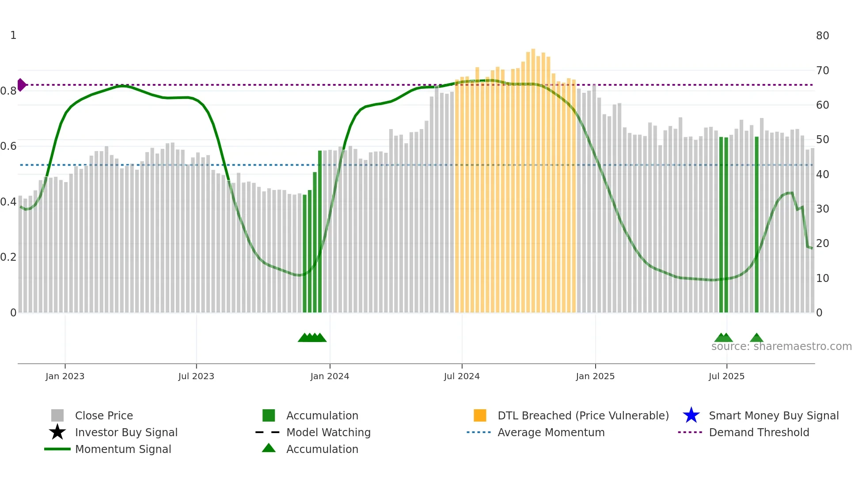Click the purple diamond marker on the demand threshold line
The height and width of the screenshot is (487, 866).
21,84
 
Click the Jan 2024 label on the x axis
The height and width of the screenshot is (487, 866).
330,376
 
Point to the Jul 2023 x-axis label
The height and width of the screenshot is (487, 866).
196,376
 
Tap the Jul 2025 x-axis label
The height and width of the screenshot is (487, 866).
726,376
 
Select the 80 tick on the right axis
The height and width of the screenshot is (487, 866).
822,36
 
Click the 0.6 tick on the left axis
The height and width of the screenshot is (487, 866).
8,146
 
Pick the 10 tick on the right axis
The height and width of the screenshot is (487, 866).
822,278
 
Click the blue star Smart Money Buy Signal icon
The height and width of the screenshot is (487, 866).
691,415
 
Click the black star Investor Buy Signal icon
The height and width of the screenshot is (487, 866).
57,432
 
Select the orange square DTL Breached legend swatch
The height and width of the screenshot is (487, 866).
480,415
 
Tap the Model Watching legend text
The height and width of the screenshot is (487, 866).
328,432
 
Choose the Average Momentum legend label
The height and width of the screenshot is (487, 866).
551,432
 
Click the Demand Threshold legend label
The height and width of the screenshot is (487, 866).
759,432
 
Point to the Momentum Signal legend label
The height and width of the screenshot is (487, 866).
123,449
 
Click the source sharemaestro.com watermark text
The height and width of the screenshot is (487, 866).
781,346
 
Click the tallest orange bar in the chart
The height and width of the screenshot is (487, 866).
533,177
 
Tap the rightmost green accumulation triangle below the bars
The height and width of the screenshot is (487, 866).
756,338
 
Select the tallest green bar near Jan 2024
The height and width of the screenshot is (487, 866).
320,230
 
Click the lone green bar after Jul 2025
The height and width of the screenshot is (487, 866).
756,225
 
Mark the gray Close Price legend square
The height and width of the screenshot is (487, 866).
57,415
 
